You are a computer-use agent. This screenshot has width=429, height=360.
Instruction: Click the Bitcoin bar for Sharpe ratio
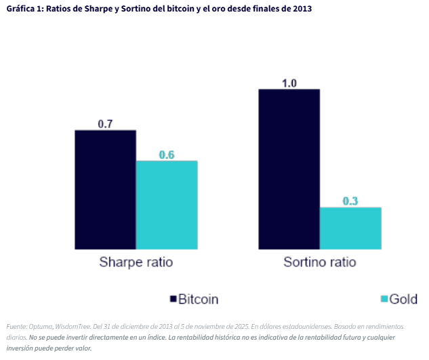[105, 189]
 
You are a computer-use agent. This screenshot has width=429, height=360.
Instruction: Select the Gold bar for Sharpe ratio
[167, 205]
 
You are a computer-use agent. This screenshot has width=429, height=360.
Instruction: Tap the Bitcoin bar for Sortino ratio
[289, 169]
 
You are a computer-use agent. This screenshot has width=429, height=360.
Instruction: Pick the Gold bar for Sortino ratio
[350, 228]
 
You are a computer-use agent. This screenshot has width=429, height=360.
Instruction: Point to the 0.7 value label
[105, 124]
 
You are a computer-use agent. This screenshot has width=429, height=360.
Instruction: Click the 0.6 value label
[167, 155]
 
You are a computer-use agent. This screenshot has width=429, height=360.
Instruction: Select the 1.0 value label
[289, 83]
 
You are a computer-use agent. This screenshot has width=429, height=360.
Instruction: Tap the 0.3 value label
[350, 201]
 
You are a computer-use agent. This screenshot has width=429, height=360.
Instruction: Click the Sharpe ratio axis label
[136, 262]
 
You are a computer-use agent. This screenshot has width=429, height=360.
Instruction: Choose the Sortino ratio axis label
[320, 262]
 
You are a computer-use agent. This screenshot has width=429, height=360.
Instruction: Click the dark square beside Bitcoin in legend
[173, 299]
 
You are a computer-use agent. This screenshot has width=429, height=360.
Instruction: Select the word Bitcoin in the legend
[198, 299]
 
